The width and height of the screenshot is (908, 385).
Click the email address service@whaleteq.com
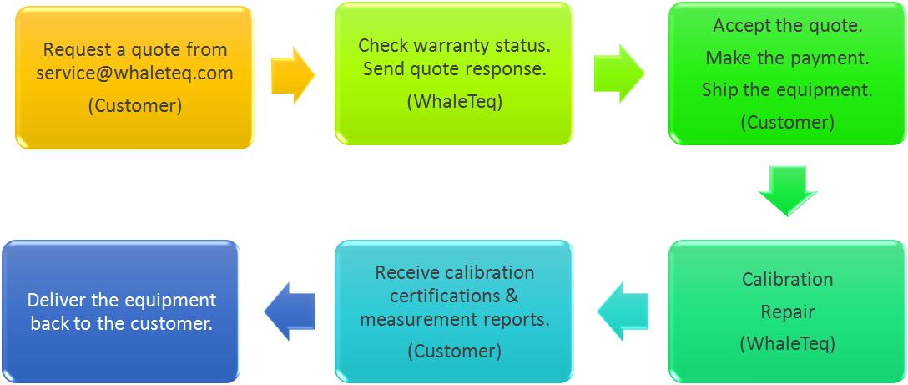click(134, 73)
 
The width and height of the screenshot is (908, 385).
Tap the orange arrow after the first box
click(292, 75)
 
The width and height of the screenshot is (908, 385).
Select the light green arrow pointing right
click(618, 74)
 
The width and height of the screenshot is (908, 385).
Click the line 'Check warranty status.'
click(453, 45)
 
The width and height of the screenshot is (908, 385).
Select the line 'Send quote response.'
click(455, 68)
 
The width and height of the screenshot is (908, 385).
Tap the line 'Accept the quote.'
click(787, 26)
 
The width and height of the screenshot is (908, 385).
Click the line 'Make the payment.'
click(787, 58)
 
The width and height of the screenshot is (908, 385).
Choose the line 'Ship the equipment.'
click(787, 89)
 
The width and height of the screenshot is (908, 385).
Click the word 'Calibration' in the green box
click(787, 279)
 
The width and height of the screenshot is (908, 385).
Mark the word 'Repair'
click(787, 312)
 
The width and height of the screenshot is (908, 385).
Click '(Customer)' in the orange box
click(134, 105)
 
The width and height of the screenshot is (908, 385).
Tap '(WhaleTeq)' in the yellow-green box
click(453, 101)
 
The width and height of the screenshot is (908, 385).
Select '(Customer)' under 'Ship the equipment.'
click(787, 122)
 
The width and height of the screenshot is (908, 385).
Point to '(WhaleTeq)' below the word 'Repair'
click(787, 343)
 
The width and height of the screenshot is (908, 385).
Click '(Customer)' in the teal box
click(454, 351)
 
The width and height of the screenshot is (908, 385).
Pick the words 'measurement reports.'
click(454, 318)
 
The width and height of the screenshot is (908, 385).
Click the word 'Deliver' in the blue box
click(53, 300)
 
